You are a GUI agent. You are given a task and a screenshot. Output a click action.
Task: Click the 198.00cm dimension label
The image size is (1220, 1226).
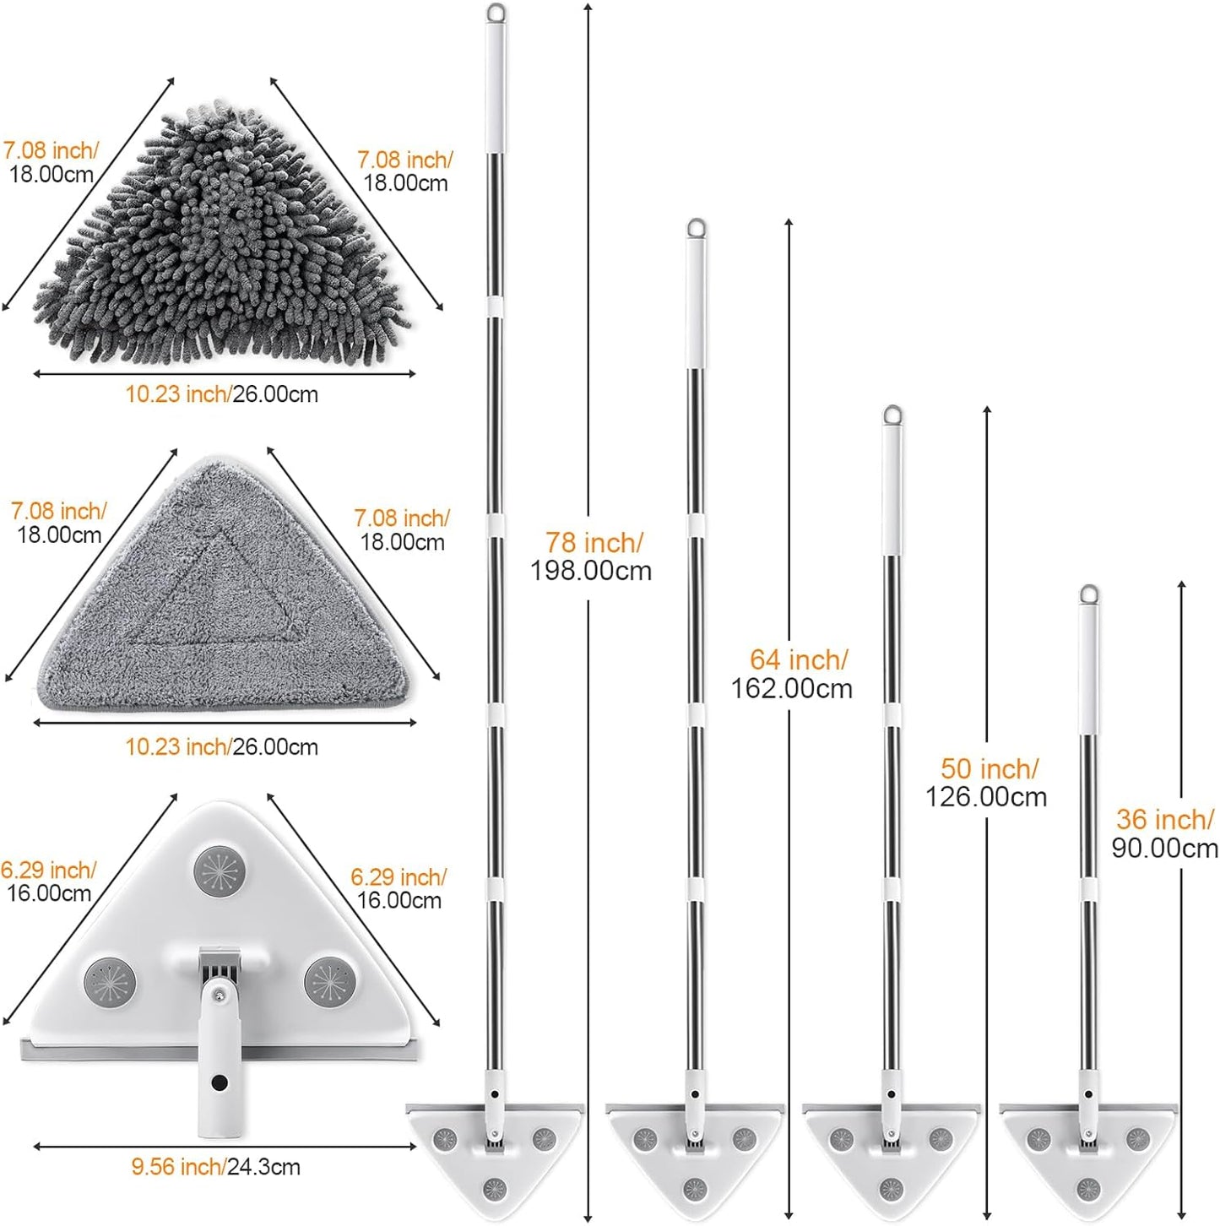pyautogui.click(x=591, y=571)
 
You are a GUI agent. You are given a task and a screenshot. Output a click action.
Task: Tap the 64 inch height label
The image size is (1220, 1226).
pyautogui.click(x=798, y=659)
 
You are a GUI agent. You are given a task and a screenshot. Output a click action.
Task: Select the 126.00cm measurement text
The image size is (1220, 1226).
pyautogui.click(x=986, y=796)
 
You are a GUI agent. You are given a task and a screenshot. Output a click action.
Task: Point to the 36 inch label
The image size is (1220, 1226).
pyautogui.click(x=1164, y=820)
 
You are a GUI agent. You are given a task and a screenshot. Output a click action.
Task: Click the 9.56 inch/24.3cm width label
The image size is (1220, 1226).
pyautogui.click(x=216, y=1167)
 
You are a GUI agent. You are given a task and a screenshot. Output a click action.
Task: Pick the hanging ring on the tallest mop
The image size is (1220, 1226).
pyautogui.click(x=496, y=12)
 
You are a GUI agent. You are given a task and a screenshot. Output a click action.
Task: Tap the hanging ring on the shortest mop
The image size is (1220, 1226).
pyautogui.click(x=1088, y=594)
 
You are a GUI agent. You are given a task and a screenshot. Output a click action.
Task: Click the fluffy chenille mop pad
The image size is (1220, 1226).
pyautogui.click(x=222, y=236)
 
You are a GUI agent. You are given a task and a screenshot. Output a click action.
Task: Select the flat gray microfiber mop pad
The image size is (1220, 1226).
pyautogui.click(x=222, y=584)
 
